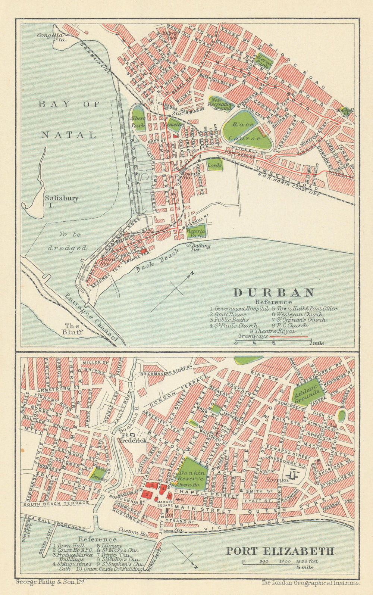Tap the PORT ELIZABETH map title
tap(280, 551)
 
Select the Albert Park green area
tap(138, 119)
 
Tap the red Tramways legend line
tap(288, 336)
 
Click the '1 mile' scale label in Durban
tap(316, 343)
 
